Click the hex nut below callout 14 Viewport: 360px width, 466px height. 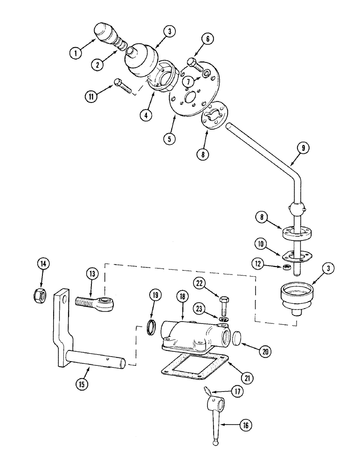click(x=38, y=295)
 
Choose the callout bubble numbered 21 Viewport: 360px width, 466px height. click(x=248, y=378)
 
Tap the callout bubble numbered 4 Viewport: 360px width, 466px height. click(x=148, y=115)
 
